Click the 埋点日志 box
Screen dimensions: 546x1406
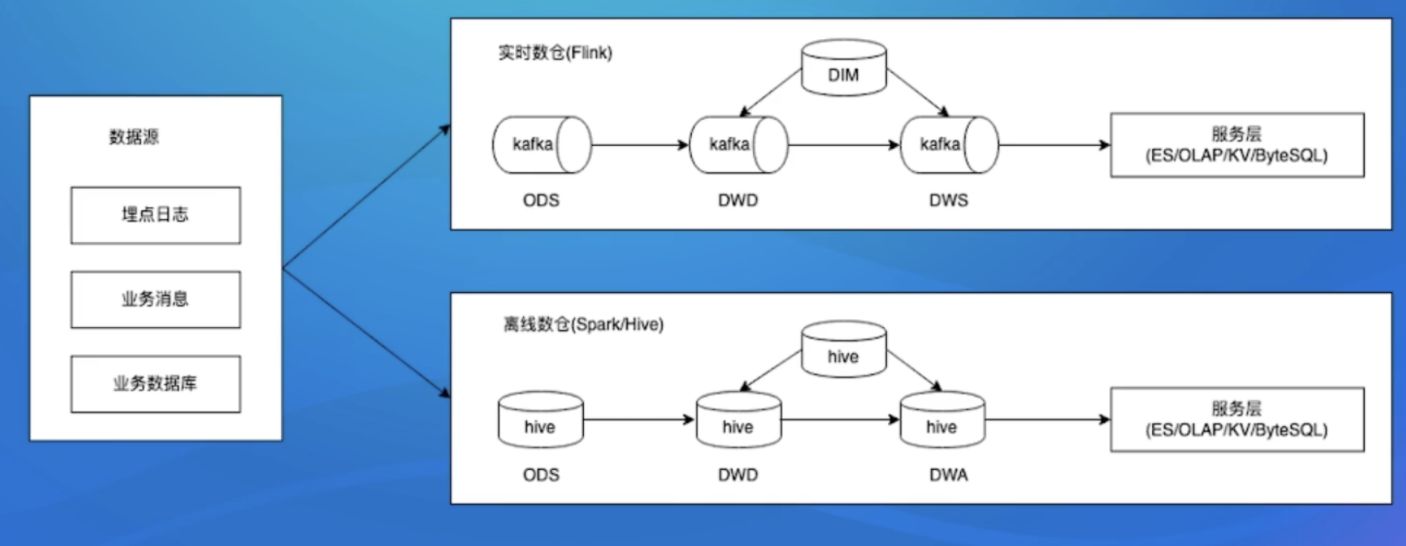[x=156, y=215]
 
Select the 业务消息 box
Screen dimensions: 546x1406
[x=156, y=299]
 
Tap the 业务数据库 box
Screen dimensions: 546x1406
[x=156, y=384]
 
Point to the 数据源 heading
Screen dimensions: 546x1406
[x=134, y=136]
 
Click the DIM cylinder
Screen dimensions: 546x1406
[x=843, y=69]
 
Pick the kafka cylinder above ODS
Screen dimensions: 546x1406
[x=541, y=145]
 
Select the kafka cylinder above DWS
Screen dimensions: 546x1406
[x=949, y=145]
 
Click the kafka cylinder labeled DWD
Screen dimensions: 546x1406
[x=738, y=145]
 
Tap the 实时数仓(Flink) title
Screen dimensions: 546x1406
[x=555, y=53]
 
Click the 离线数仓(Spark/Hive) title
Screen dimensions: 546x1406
[x=583, y=325]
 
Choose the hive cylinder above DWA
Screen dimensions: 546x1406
[x=942, y=421]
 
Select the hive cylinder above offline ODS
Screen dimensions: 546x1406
[x=540, y=421]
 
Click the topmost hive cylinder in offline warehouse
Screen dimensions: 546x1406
[x=843, y=350]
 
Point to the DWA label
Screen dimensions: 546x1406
[x=948, y=475]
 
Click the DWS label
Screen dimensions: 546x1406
[x=948, y=200]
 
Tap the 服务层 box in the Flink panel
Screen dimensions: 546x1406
[x=1236, y=145]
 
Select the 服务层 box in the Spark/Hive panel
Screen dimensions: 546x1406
[x=1236, y=420]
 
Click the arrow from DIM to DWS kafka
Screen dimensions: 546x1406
[x=918, y=92]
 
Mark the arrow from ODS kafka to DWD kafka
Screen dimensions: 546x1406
[x=640, y=145]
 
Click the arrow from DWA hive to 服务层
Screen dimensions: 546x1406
[x=1047, y=420]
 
